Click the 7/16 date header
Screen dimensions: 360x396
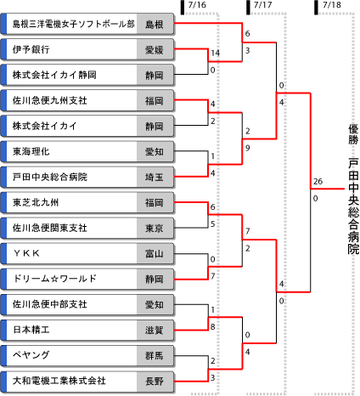click(197, 5)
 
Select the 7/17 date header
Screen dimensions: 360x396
click(263, 5)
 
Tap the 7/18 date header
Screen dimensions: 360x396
click(332, 5)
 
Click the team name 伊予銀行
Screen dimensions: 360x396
click(31, 49)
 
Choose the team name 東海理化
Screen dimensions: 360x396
click(31, 151)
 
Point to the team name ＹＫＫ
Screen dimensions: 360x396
click(26, 253)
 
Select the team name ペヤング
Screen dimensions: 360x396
click(31, 355)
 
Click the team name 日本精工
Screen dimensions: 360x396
click(31, 330)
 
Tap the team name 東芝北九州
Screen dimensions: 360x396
click(36, 202)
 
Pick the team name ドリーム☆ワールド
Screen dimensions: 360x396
click(55, 279)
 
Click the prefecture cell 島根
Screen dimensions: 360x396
click(155, 25)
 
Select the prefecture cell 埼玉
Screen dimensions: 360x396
click(155, 177)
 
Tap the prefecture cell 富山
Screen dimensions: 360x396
click(155, 253)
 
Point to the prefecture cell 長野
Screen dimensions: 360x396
click(155, 381)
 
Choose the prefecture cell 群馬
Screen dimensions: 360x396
click(155, 355)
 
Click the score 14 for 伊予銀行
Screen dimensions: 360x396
click(215, 53)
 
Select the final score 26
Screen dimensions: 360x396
click(318, 181)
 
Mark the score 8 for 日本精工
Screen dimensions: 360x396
click(213, 327)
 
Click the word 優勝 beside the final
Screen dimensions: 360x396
click(353, 134)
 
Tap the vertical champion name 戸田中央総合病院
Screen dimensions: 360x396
click(353, 206)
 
